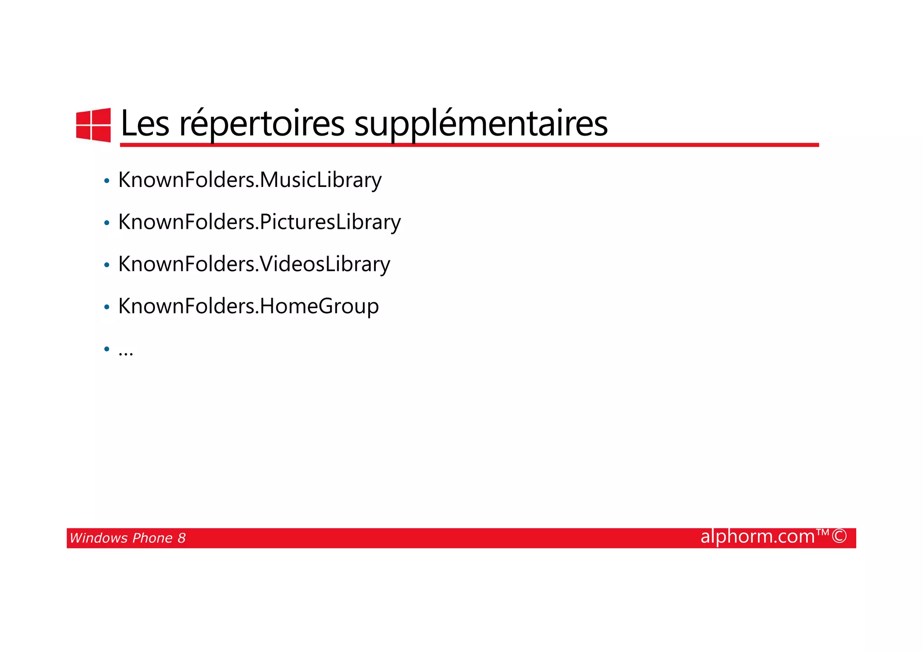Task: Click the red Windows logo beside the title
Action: [93, 125]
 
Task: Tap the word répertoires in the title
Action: [262, 124]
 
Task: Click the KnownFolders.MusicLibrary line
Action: [250, 180]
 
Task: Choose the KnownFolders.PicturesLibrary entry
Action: [259, 222]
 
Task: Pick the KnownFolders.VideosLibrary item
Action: [254, 264]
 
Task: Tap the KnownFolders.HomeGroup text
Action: [248, 306]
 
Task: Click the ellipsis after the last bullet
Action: [126, 352]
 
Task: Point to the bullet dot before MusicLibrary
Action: [107, 181]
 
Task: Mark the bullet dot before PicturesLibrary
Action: [107, 223]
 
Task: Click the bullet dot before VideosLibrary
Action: [107, 265]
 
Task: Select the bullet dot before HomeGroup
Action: [107, 307]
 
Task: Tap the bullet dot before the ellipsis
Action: [107, 349]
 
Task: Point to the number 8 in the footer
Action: [181, 538]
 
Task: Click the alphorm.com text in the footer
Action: [758, 537]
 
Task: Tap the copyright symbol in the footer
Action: [839, 537]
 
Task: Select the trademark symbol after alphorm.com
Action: [823, 533]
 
